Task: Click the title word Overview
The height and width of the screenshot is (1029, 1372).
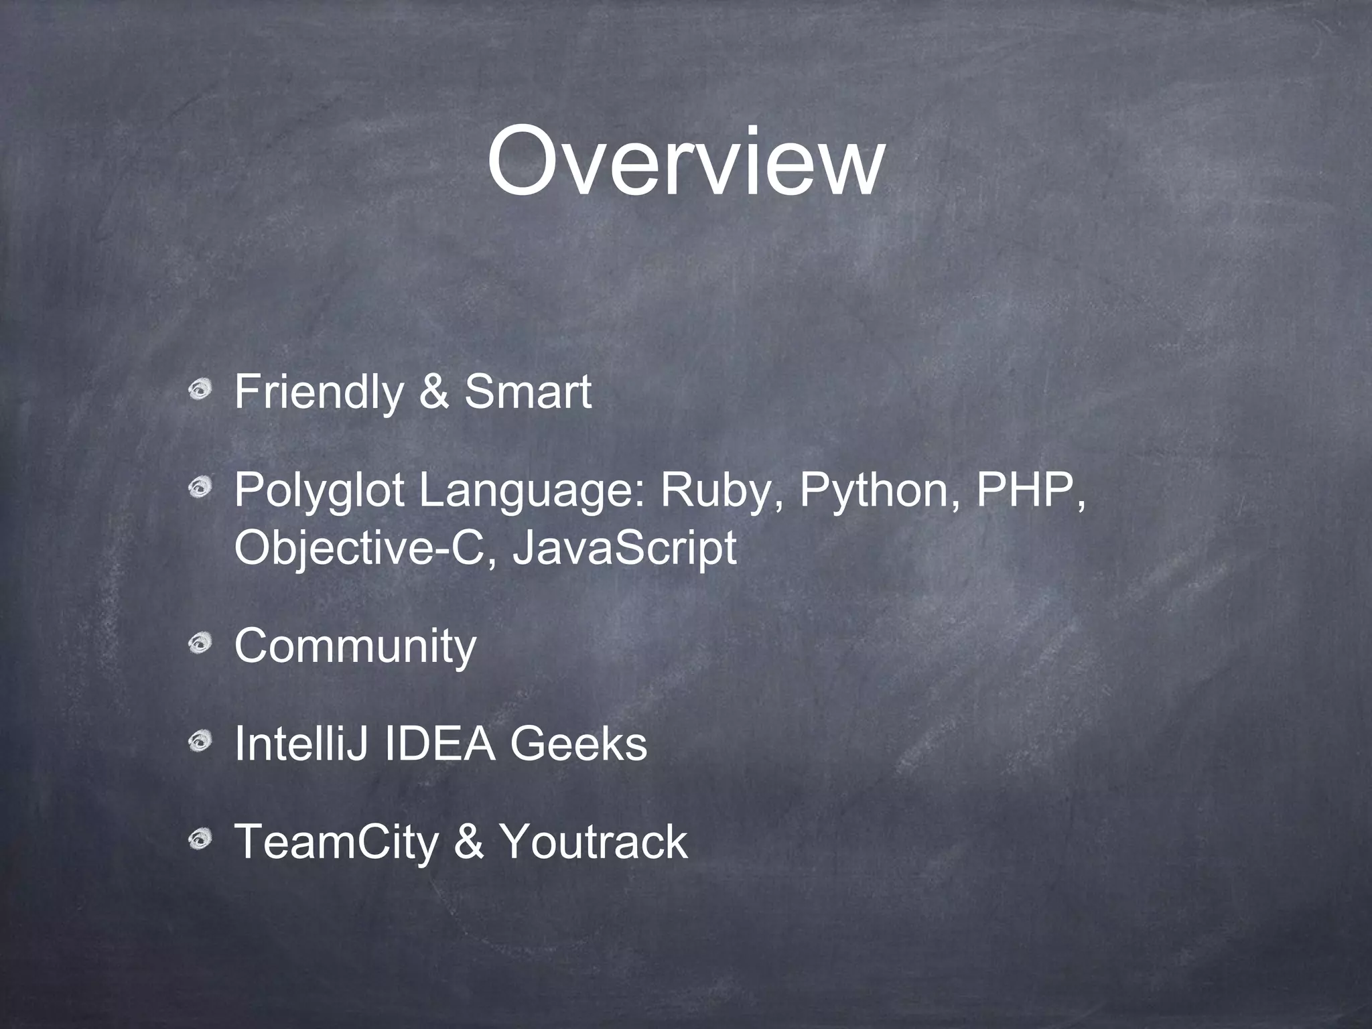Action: [x=685, y=163]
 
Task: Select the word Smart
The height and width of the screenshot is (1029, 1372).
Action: [x=528, y=393]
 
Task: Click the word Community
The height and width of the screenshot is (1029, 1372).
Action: [x=355, y=646]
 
